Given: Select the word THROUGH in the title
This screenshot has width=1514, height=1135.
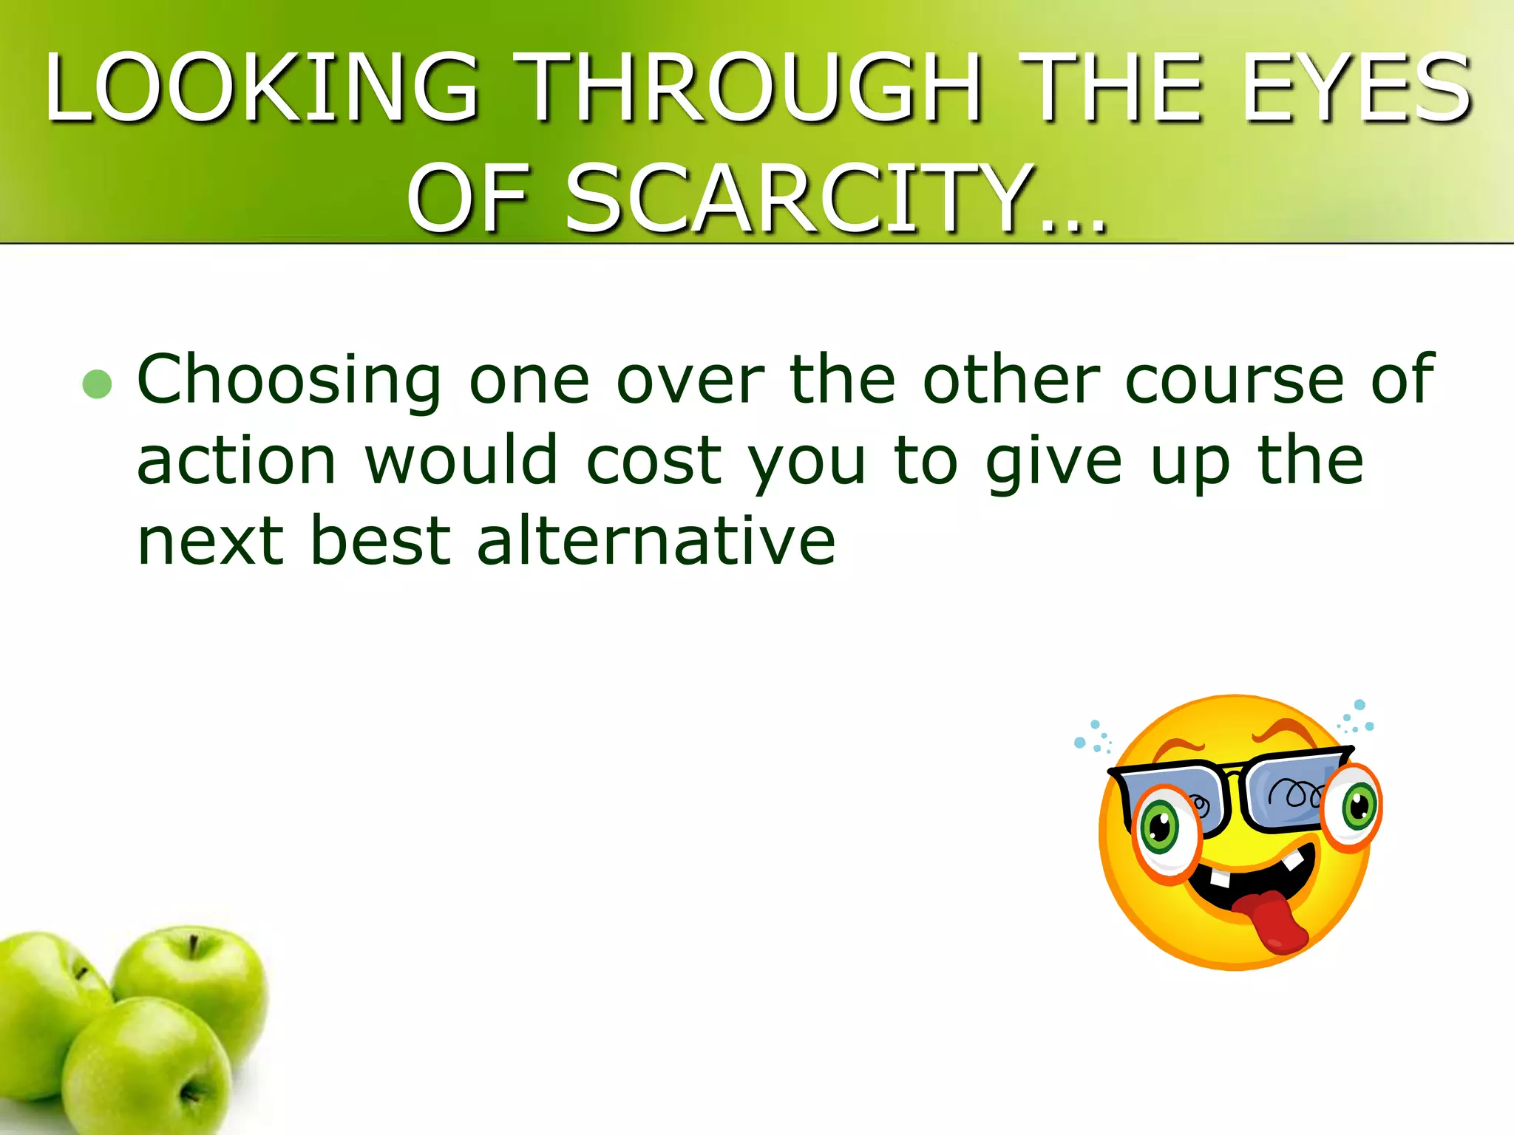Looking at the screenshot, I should tap(747, 87).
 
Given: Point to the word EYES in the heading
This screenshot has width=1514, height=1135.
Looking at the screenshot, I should tap(1357, 87).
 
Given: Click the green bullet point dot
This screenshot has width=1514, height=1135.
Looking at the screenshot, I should tap(97, 384).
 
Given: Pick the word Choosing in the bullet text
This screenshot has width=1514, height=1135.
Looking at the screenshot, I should tap(289, 380).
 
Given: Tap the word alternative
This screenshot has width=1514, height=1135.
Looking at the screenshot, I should tap(656, 541).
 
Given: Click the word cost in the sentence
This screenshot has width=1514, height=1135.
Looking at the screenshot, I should tap(654, 461).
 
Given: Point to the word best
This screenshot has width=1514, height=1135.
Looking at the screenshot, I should tap(381, 541).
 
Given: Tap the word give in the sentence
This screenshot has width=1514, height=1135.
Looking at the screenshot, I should tap(1054, 463).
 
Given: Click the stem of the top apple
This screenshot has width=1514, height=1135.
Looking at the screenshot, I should tap(194, 946).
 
